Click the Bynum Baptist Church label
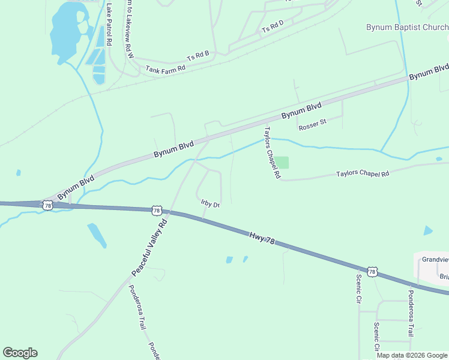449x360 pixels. [407, 27]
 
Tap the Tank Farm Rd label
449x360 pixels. [165, 68]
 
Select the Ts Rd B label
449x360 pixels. [197, 56]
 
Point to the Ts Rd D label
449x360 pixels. [272, 26]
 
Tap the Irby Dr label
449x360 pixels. [210, 204]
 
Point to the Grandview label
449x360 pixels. [435, 260]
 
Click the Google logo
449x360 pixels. [20, 353]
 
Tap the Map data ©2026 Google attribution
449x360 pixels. [411, 355]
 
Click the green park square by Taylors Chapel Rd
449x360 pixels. [282, 163]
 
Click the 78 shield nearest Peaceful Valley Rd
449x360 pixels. [157, 211]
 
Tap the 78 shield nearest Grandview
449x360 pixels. [372, 272]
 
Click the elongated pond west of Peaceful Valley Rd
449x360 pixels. [97, 235]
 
